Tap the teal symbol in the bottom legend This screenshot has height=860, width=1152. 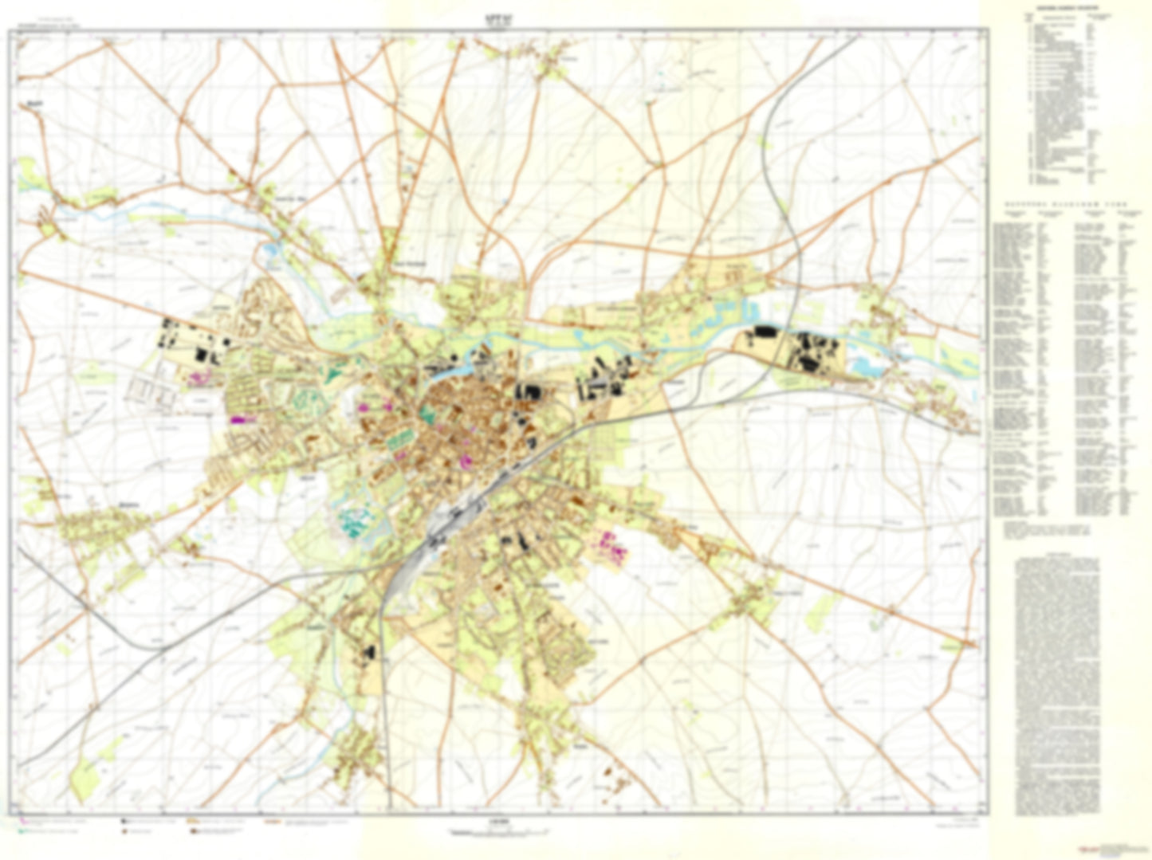coord(22,831)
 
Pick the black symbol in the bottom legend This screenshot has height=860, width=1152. coord(124,820)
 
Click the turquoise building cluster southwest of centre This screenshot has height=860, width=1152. coord(352,521)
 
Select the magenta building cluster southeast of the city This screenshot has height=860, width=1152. coord(609,546)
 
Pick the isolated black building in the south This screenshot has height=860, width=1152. coord(368,651)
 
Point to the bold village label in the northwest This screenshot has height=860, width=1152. coord(33,104)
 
